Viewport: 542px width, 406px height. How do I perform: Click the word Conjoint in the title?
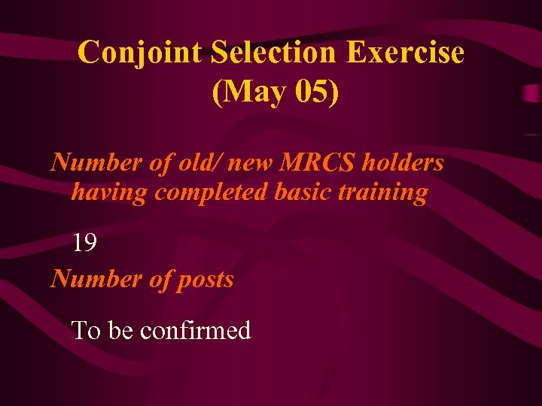tap(141, 53)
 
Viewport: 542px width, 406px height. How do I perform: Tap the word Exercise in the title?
tap(406, 53)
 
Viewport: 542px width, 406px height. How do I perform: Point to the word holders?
tap(404, 162)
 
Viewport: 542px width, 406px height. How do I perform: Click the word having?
tap(110, 193)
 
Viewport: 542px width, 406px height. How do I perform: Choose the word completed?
tap(210, 193)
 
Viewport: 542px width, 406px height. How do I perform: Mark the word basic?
tap(306, 192)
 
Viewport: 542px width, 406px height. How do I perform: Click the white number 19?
tap(84, 242)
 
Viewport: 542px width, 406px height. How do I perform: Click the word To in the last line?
tap(87, 330)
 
